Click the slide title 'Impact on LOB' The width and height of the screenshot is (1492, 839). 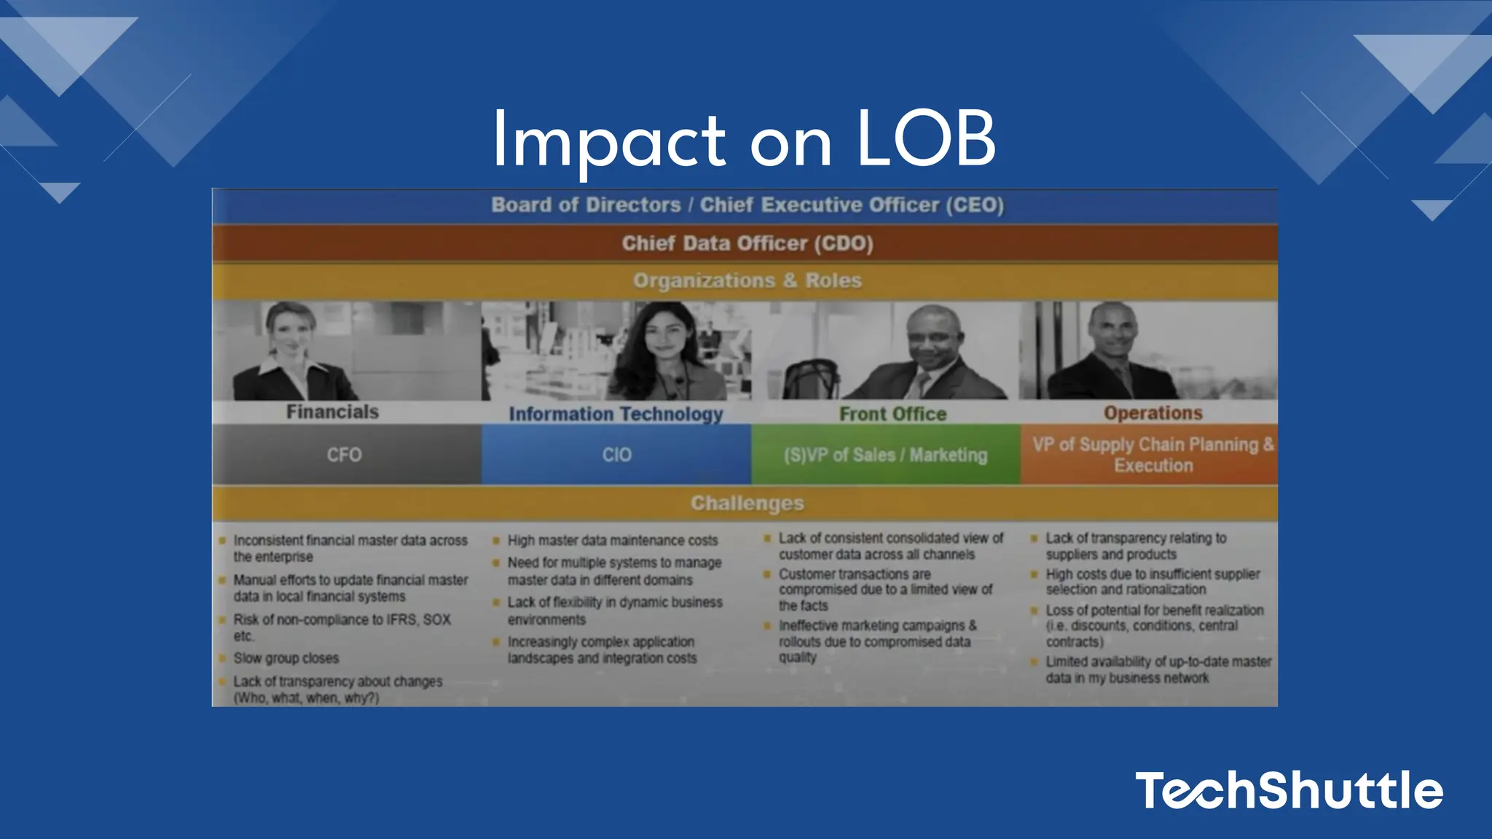coord(744,139)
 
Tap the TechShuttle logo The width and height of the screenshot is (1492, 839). coord(1289,790)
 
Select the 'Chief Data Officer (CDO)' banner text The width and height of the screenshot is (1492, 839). coord(747,243)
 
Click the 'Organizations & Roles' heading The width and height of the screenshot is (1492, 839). coord(747,280)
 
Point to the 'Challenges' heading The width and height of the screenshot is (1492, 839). coord(747,503)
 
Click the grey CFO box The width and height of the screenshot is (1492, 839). coord(345,455)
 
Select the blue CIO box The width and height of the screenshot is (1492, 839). coord(616,455)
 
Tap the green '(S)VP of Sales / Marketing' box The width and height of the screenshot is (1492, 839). coord(885,455)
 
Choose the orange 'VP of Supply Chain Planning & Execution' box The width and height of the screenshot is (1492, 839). coord(1153,455)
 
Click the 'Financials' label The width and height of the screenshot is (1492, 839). coord(332,412)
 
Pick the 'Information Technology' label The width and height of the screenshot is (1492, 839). coord(616,414)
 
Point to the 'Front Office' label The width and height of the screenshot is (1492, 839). coord(892,414)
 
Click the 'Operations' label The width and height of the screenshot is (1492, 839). coord(1153,413)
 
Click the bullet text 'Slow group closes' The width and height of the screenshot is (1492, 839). coord(286,658)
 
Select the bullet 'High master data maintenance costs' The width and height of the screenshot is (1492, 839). coord(612,540)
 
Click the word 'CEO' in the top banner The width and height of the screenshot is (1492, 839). coord(974,205)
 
